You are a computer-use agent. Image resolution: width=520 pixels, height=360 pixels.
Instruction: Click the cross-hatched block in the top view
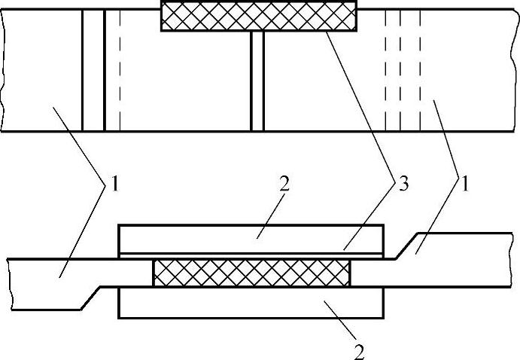[x=259, y=16]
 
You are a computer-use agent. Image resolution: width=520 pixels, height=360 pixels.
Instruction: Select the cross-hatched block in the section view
[x=251, y=273]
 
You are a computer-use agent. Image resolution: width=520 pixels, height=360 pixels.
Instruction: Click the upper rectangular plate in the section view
[x=251, y=238]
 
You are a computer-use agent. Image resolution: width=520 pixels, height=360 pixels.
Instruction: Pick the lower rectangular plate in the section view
[x=251, y=302]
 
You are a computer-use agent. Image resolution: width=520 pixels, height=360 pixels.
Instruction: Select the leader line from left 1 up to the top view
[x=75, y=143]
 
